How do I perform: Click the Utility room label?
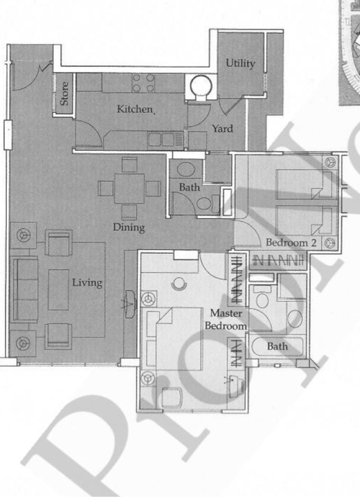[x=240, y=63]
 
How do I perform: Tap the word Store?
[x=65, y=93]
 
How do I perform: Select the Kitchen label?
[x=135, y=109]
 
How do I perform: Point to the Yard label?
[x=222, y=129]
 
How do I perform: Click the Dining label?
[x=129, y=227]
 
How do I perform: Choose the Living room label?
[x=87, y=283]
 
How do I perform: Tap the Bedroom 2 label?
[x=291, y=243]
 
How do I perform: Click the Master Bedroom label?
[x=226, y=319]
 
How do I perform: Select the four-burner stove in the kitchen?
[x=144, y=83]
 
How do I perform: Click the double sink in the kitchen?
[x=161, y=140]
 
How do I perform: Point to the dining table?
[x=129, y=188]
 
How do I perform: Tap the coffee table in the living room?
[x=58, y=289]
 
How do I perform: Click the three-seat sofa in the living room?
[x=25, y=289]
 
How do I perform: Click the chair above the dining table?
[x=129, y=164]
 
